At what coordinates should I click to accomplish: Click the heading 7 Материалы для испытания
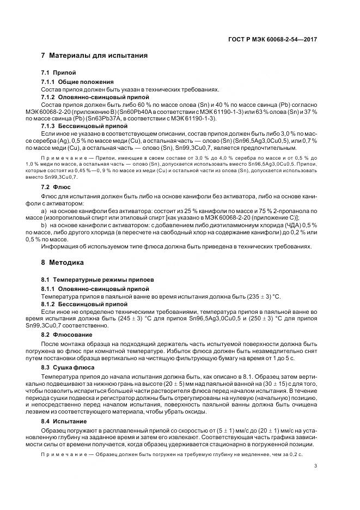click(94, 56)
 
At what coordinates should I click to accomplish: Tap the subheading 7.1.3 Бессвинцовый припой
click(76, 126)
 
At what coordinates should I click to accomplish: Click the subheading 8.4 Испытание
click(65, 422)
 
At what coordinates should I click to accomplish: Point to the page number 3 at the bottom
click(316, 465)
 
